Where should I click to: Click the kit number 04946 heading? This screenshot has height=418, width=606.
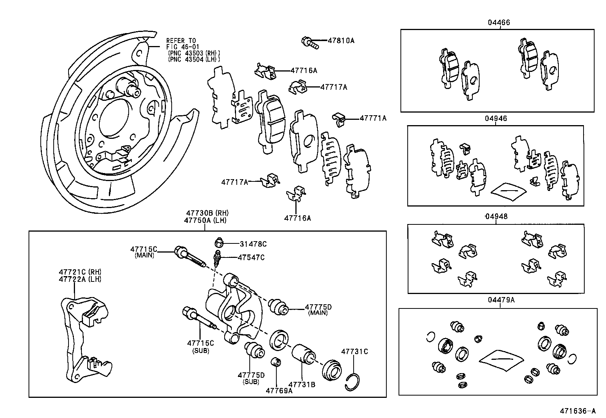[496, 119]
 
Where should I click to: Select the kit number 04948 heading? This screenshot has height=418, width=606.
[496, 216]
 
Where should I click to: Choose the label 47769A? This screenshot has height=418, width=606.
[279, 391]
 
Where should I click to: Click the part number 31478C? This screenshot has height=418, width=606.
[253, 244]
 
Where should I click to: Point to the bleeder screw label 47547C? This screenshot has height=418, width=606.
[251, 257]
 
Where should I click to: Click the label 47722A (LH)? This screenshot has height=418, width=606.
[80, 279]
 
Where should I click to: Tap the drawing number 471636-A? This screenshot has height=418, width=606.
[577, 411]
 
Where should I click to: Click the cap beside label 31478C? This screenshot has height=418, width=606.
[219, 242]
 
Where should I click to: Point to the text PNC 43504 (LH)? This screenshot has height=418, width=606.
[194, 59]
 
